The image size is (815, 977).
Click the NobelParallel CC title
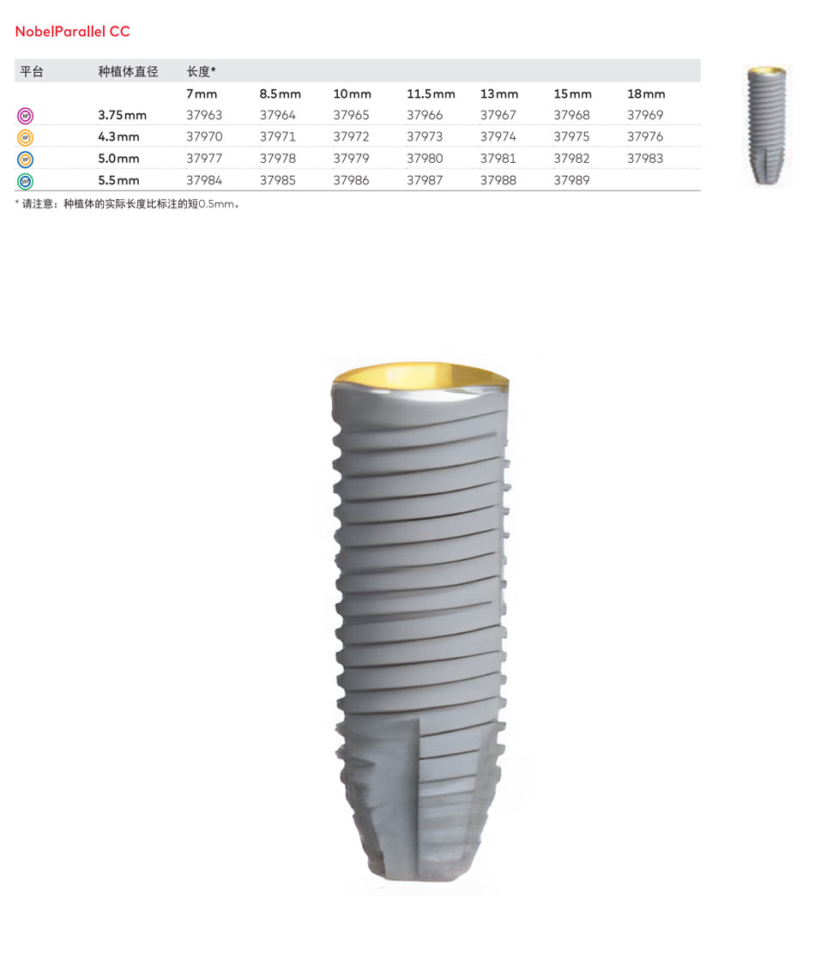coord(73,32)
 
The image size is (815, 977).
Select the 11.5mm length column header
coord(431,93)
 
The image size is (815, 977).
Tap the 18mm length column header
coord(646,93)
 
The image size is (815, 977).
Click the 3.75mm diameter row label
coord(122,115)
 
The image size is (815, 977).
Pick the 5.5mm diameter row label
coord(118,180)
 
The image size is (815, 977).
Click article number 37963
coord(204,115)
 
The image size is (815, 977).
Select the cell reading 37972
coord(351,136)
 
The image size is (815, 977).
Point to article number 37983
coord(645,159)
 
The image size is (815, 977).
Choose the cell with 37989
coord(571,180)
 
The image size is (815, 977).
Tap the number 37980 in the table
coord(425,159)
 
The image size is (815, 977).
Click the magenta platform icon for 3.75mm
coord(25,116)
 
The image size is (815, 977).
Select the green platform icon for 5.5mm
coord(25,181)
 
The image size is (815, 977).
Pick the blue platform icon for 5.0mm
coord(25,160)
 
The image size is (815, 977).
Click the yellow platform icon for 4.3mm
coord(25,137)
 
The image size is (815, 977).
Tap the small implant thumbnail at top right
coord(766,125)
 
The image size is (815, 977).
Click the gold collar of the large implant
coord(420,376)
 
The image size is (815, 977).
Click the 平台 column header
coord(32,71)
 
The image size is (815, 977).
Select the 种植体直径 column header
coord(129,71)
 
